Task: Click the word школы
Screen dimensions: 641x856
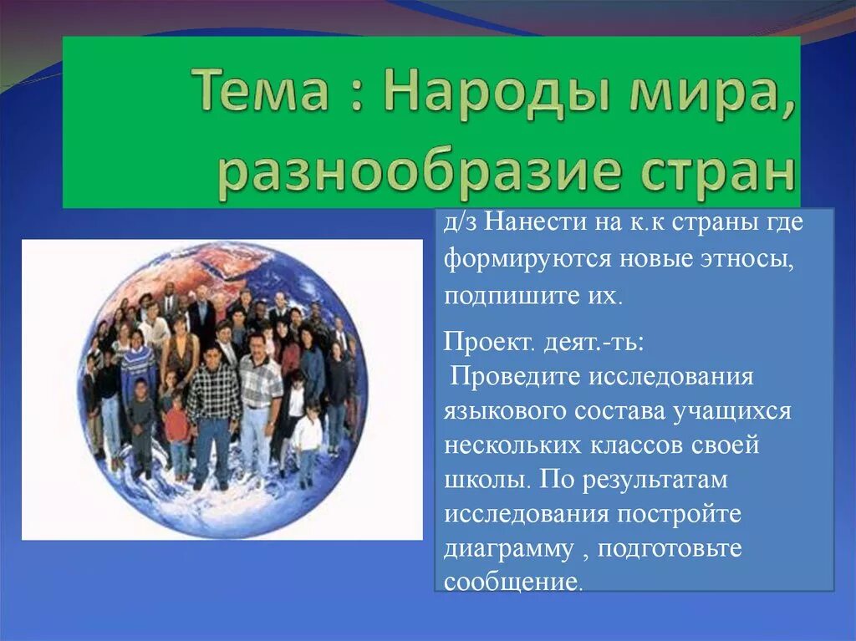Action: click(485, 479)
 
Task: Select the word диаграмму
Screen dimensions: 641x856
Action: click(508, 548)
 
